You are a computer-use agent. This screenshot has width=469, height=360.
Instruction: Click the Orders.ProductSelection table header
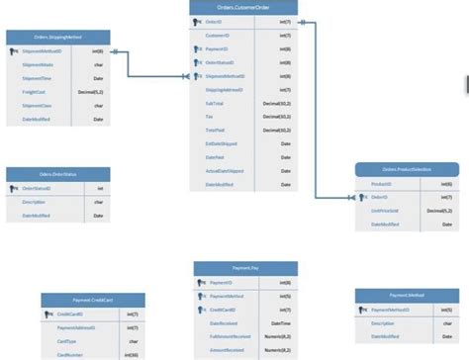point(406,170)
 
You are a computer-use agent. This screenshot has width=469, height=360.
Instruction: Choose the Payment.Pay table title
point(245,268)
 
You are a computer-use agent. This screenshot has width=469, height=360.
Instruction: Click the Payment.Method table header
point(406,295)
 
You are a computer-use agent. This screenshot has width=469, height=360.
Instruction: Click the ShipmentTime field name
point(37,76)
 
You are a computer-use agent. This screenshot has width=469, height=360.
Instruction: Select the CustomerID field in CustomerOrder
point(219,35)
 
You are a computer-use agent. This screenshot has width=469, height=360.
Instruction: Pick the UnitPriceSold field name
point(385,211)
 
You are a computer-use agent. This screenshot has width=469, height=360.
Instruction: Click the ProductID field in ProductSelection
point(381,184)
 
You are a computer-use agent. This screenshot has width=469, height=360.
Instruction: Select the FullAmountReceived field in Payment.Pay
point(230,336)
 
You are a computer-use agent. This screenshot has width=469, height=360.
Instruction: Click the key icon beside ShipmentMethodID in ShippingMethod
point(14,49)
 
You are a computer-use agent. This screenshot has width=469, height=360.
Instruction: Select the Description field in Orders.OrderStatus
point(34,202)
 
